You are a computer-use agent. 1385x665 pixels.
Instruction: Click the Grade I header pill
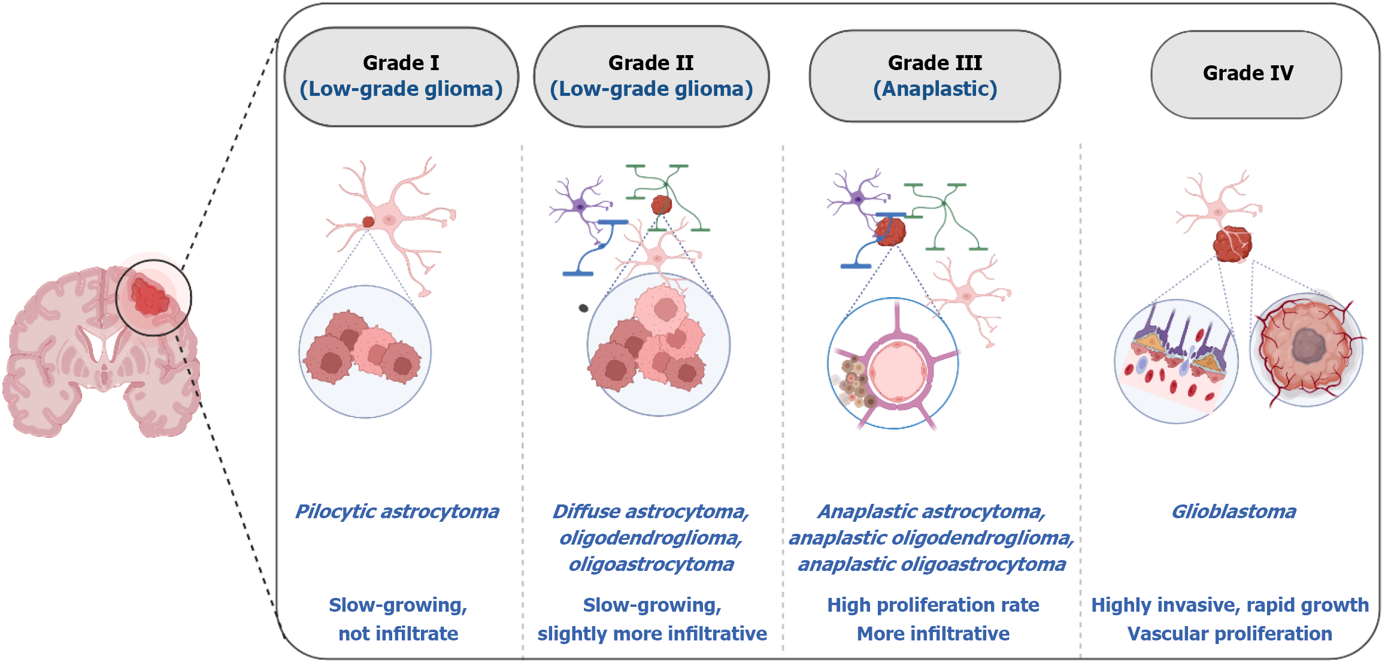401,76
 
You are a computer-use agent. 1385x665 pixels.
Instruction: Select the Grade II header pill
651,76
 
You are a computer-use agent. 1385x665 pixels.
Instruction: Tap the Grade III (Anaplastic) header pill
935,76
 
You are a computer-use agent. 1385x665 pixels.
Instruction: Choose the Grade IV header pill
1247,74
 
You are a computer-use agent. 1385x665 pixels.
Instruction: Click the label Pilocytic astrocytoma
397,512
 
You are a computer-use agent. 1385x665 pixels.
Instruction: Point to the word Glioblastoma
1234,512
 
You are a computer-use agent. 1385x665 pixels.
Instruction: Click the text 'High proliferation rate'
933,605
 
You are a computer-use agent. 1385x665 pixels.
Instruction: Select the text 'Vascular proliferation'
1229,634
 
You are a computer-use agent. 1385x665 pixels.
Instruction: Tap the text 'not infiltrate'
398,634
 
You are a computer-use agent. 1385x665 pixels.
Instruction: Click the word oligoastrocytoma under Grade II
651,564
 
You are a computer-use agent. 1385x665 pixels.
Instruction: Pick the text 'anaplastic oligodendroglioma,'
932,538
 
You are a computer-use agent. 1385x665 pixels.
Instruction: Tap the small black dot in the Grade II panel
583,309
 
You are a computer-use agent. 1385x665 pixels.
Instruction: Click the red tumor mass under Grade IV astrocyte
1232,244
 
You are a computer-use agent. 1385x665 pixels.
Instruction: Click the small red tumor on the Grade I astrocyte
368,222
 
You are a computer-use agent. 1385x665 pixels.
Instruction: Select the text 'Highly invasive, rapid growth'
1229,605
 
